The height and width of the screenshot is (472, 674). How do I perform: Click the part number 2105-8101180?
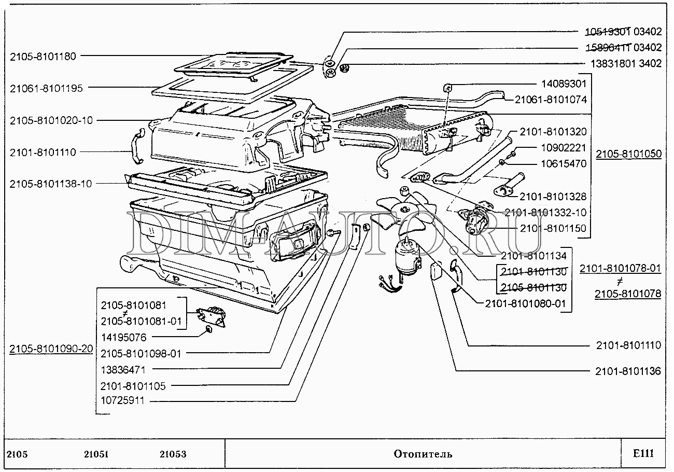click(x=43, y=57)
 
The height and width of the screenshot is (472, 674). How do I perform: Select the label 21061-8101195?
click(x=46, y=88)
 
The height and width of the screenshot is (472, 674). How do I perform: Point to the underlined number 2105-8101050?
click(x=628, y=155)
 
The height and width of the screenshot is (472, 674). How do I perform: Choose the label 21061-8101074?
click(x=551, y=99)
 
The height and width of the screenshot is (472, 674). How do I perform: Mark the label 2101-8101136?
click(x=628, y=371)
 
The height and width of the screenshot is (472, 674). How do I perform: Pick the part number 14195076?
click(x=123, y=337)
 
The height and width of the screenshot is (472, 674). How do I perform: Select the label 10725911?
click(x=123, y=400)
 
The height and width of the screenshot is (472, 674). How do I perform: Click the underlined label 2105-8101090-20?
click(x=51, y=349)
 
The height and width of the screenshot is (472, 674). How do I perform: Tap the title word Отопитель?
click(x=423, y=454)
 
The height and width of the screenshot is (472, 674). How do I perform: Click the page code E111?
click(x=643, y=454)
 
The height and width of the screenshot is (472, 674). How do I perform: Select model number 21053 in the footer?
click(x=173, y=454)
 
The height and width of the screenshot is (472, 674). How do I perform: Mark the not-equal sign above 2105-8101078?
click(x=620, y=281)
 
